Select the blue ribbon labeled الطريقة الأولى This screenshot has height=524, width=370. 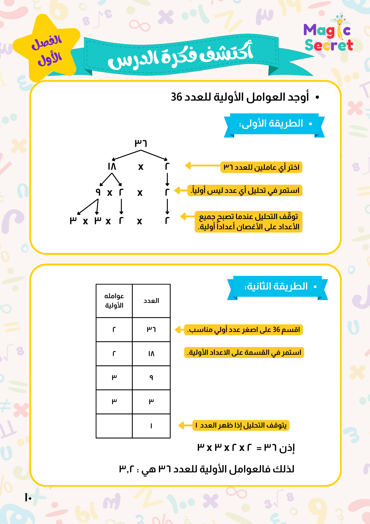pos(274,124)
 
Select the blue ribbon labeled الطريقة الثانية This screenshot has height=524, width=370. pos(277,287)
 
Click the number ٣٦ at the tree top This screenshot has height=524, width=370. pos(141,143)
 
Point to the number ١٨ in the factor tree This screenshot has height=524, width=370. pos(112,166)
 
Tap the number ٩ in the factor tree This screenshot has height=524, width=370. pos(98,192)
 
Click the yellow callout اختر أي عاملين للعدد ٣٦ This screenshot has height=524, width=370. pos(261,167)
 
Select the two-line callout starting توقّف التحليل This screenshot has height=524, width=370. pos(249,222)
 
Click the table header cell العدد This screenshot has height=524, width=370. pos(151,301)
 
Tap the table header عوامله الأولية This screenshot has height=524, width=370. pos(114,301)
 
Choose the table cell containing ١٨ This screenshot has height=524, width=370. pos(151,354)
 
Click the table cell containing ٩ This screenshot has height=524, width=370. pos(151,378)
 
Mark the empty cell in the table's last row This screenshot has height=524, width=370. pos(114,426)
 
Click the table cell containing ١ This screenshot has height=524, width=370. pos(151,426)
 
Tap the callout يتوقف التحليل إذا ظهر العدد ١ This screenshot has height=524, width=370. pos(241,425)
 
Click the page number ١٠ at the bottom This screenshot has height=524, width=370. pos(28,497)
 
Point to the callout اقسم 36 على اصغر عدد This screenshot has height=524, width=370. pos(244,330)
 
